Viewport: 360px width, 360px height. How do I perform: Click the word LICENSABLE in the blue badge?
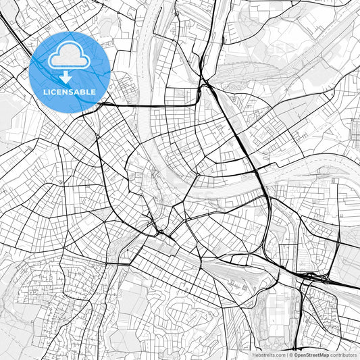point(70,92)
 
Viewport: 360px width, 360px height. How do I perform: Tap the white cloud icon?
point(70,56)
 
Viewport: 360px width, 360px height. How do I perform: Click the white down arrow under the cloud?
point(66,78)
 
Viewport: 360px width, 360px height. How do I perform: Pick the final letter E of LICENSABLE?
point(94,92)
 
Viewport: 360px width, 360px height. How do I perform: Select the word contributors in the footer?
point(343,355)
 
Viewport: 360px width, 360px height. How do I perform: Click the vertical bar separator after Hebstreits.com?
point(287,355)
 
